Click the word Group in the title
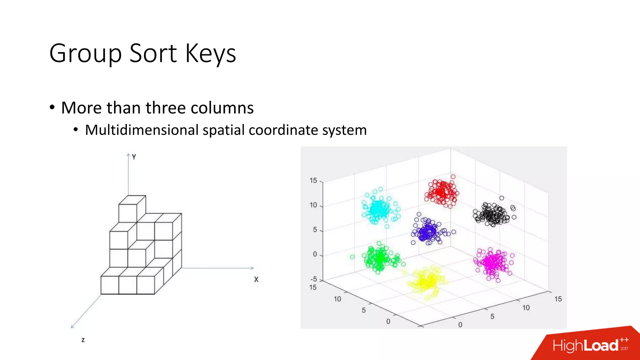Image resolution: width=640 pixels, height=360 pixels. point(85,54)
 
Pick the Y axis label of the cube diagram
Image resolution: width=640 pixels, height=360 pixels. point(134,157)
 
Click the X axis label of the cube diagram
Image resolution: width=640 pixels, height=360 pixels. point(256,279)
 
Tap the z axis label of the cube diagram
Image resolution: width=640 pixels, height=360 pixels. point(83,340)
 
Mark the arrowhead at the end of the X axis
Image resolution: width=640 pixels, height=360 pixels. point(252,268)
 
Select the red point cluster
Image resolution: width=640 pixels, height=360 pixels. point(442,192)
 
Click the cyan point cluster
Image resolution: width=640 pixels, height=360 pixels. point(378,209)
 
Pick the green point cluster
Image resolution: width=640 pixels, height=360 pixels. point(379,258)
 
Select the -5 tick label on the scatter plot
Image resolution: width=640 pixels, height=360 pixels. point(313,279)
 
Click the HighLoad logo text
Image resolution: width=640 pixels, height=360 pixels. point(585,346)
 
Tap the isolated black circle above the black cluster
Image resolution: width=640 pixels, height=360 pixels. point(502,198)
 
